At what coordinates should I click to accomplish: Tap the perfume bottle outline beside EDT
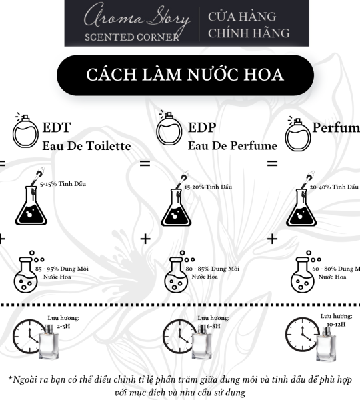[26, 134]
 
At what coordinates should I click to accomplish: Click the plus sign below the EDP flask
[146, 238]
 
